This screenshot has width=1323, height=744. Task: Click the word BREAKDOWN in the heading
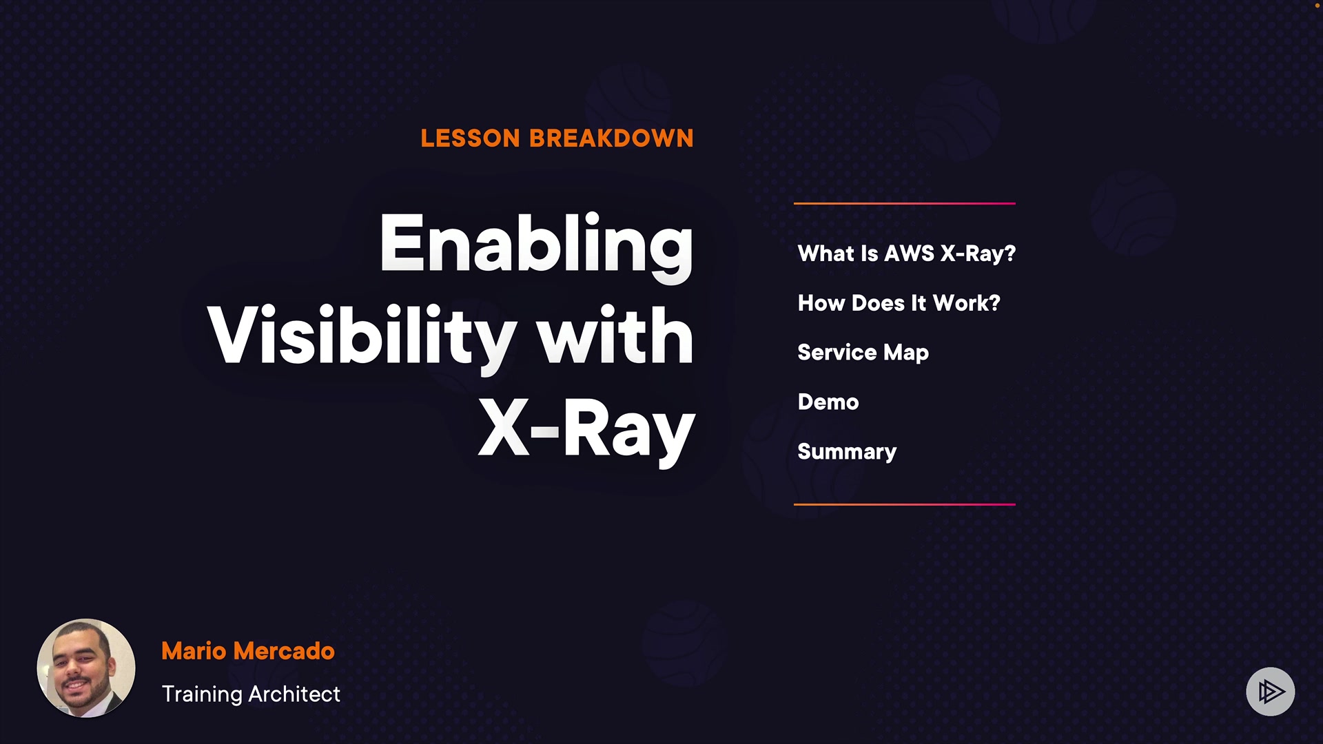(612, 138)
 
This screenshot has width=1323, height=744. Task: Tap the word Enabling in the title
(536, 247)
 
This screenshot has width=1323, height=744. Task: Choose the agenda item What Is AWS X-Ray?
(907, 254)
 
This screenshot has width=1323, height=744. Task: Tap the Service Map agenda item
(863, 353)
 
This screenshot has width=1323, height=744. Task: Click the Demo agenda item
(828, 402)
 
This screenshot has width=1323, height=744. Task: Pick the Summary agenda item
(848, 452)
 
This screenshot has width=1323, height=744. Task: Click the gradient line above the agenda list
(905, 203)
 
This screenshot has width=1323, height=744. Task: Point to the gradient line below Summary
(905, 504)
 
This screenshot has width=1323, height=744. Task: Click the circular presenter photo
(86, 668)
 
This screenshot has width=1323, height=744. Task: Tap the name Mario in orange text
(194, 651)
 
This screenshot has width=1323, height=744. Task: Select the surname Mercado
(284, 651)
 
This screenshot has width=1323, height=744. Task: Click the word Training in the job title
(202, 694)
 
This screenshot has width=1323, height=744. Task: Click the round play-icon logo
(1271, 692)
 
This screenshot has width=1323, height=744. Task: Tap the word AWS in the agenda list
(910, 254)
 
